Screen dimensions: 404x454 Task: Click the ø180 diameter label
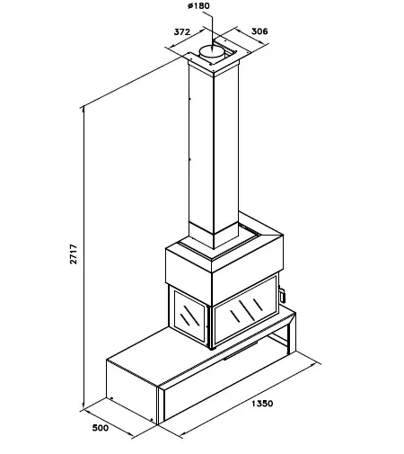tap(198, 5)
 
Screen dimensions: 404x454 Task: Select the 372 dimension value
tap(182, 31)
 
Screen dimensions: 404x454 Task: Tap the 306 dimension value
tap(259, 31)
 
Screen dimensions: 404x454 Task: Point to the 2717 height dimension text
tap(74, 254)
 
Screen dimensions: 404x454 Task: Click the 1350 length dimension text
tap(262, 404)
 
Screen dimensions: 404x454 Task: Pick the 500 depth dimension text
tap(101, 428)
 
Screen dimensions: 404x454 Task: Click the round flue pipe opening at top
tap(212, 51)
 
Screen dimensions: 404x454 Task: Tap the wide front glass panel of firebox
tap(245, 310)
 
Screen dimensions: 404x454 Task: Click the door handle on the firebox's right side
tap(282, 293)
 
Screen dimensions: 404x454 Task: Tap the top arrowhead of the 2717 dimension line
tap(83, 110)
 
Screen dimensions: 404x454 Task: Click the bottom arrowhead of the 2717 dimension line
tap(83, 405)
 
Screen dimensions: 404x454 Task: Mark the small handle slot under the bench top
tap(241, 350)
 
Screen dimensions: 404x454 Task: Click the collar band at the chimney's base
tap(214, 236)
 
